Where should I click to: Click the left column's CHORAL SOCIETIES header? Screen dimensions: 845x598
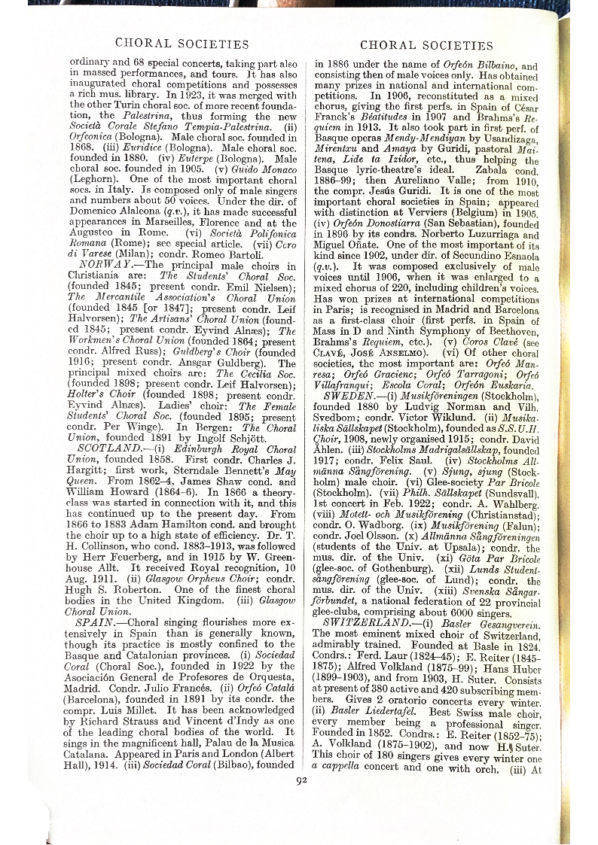[182, 44]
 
